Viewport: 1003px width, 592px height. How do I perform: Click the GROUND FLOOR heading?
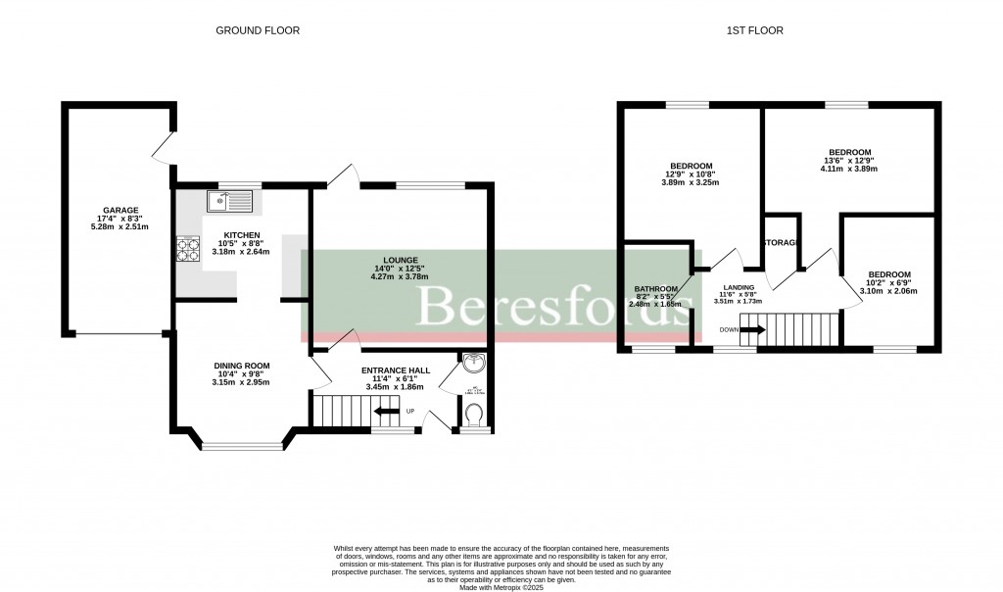point(258,30)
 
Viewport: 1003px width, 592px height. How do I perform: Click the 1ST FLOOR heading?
point(754,30)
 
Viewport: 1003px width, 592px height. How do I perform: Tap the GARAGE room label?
point(121,210)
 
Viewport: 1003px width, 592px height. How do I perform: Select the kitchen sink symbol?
point(229,203)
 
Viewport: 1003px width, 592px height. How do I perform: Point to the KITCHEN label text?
point(241,236)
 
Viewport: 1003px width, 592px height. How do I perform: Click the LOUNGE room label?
point(396,258)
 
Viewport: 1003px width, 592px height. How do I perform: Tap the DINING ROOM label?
point(242,366)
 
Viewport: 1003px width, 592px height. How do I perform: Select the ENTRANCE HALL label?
point(396,370)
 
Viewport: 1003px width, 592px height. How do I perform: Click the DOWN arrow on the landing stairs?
point(752,330)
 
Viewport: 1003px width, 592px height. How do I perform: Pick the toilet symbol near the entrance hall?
point(475,419)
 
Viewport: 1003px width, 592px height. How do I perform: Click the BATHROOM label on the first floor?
point(655,289)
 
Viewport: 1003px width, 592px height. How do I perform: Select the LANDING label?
point(738,287)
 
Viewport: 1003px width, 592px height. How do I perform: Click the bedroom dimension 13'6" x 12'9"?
point(849,163)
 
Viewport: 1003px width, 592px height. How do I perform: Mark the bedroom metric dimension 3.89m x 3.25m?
point(691,183)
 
